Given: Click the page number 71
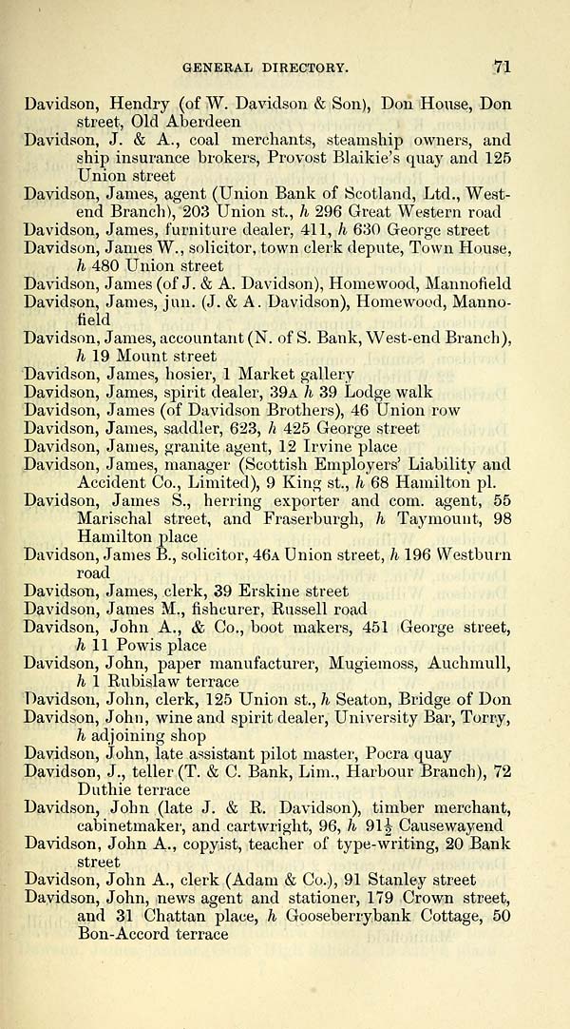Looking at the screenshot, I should point(503,67).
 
